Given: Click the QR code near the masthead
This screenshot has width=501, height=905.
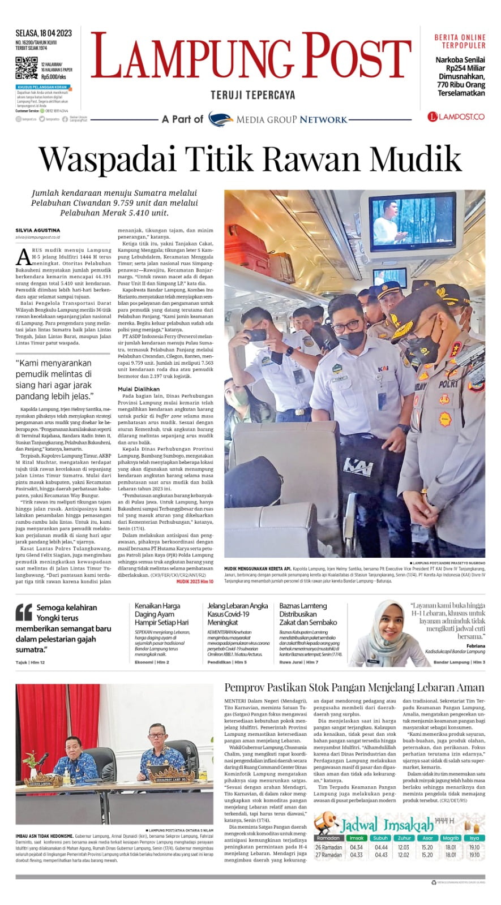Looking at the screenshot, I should [x=27, y=67].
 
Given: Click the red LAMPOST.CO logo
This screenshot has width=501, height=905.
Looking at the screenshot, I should [x=456, y=117].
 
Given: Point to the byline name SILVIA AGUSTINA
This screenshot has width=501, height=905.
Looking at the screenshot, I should [x=38, y=230].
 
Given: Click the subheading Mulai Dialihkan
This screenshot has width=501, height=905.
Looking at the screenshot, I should [x=139, y=389].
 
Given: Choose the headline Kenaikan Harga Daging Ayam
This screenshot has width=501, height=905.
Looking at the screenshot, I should [x=158, y=614].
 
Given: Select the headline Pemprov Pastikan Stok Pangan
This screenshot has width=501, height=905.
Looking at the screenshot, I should [x=354, y=688].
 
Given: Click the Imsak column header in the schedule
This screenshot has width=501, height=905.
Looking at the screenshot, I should [x=356, y=838].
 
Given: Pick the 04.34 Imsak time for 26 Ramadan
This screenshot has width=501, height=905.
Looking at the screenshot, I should [x=356, y=847].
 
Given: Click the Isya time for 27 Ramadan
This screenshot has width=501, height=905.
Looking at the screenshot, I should [x=474, y=855].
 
